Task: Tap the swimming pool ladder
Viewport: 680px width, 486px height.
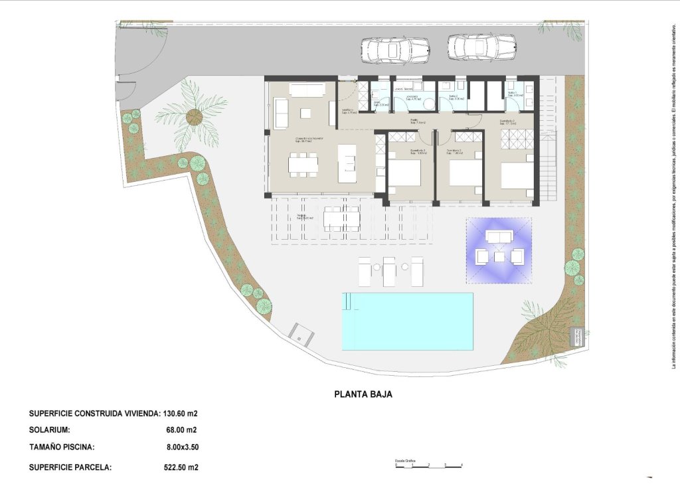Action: coord(349,302)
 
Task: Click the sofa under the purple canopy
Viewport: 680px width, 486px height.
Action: coord(499,236)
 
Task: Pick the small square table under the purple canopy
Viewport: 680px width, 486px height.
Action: coord(499,256)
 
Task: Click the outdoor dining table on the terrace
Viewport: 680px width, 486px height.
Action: coord(341,218)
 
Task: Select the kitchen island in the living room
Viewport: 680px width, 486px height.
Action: coord(347,163)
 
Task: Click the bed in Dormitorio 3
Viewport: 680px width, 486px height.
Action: coord(404,173)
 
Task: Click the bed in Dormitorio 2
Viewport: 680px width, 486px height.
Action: coord(464,173)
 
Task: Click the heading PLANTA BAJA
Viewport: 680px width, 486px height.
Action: coord(363,394)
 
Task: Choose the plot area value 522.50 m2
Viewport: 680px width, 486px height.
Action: coord(181,467)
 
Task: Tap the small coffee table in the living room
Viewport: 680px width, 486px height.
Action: coord(305,112)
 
